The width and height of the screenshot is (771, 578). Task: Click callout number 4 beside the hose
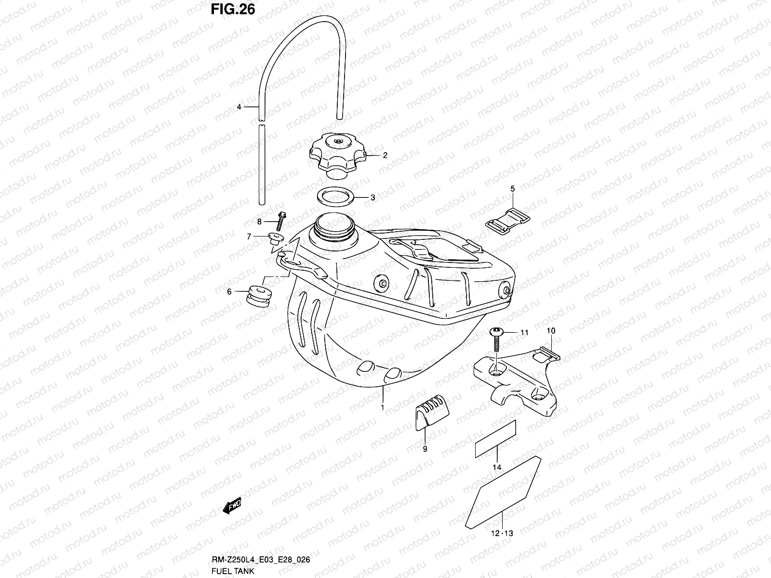pos(239,107)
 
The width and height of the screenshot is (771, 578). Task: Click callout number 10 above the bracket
pos(551,331)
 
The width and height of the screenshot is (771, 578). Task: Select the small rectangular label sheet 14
pos(495,438)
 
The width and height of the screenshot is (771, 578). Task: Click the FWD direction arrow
pos(232,506)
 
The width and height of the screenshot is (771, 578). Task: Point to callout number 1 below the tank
pos(383,407)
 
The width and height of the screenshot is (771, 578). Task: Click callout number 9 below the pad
pos(425,449)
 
